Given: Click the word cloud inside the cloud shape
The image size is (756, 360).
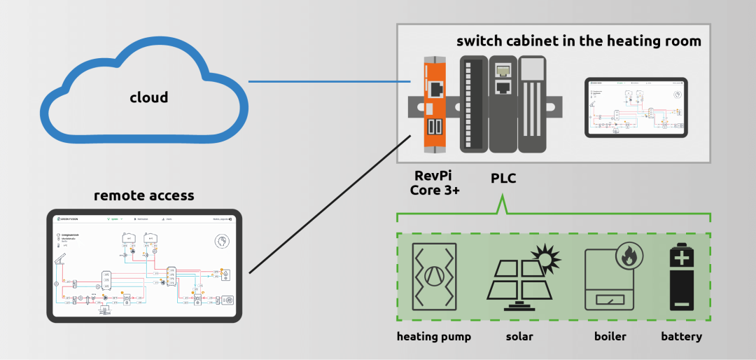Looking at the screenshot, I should click(x=148, y=97).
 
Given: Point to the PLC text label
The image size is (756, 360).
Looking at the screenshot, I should click(x=502, y=179).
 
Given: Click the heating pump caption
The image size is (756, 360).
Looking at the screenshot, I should click(x=434, y=337).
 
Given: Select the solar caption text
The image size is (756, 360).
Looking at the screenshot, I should click(x=519, y=337).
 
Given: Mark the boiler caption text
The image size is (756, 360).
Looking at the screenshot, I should click(x=610, y=337).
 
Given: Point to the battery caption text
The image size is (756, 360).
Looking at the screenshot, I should click(x=681, y=337).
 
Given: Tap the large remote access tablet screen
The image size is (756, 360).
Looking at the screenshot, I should click(x=144, y=265).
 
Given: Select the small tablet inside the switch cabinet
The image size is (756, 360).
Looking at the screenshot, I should click(x=636, y=107).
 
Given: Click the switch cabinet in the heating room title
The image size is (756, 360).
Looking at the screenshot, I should click(x=578, y=41).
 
